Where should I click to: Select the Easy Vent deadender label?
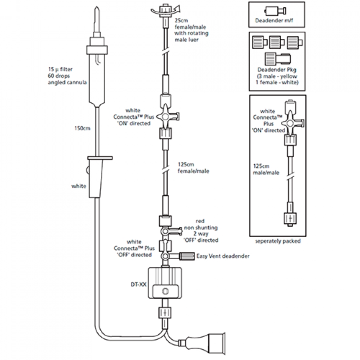tap(223, 256)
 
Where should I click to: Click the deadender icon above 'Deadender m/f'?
tap(278, 10)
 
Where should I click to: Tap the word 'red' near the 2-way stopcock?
tap(200, 220)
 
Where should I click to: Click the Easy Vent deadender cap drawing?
tap(185, 256)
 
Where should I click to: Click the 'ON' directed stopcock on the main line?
tap(165, 117)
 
